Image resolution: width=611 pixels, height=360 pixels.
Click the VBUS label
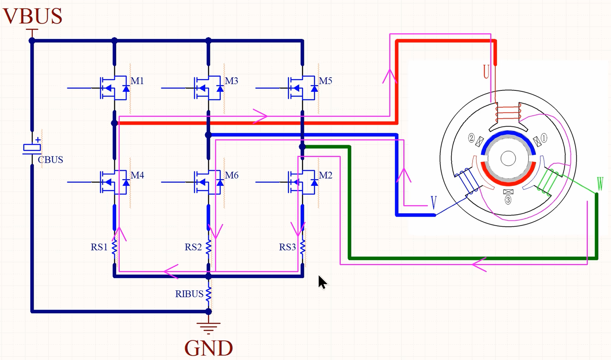click(33, 16)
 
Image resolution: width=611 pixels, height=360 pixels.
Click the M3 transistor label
click(231, 81)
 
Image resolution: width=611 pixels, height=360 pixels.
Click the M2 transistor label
click(325, 176)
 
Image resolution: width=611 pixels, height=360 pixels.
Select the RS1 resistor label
click(99, 247)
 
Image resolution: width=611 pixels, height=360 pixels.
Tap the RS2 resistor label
click(193, 247)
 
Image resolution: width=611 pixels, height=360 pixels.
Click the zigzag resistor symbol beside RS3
click(303, 247)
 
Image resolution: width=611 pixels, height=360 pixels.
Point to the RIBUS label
click(189, 294)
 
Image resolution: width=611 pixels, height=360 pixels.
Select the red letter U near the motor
click(486, 72)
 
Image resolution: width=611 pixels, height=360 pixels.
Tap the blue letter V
click(435, 203)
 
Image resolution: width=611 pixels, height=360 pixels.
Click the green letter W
click(600, 184)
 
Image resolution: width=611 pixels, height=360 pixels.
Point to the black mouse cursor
click(322, 282)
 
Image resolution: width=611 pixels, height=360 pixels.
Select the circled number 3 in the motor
click(508, 200)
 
